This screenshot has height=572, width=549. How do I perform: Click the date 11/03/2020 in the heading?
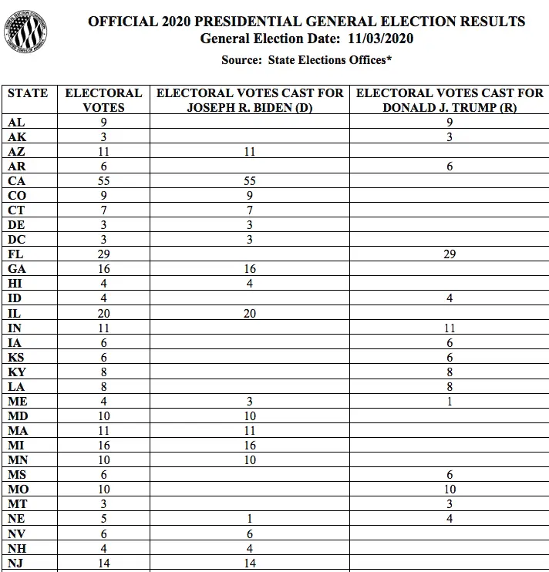pos(376,39)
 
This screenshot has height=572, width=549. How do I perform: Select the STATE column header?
pos(28,93)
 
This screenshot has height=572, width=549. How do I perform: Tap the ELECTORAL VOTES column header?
pos(103,100)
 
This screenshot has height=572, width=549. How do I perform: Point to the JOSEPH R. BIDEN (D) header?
pos(250,108)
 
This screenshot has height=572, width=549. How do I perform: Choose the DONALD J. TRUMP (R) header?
pos(450,108)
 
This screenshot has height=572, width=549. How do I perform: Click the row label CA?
pos(17,181)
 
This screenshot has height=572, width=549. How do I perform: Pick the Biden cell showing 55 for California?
pos(250,181)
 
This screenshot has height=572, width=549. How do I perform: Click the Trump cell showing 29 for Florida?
pos(450,254)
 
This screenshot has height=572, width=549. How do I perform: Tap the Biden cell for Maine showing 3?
pos(250,401)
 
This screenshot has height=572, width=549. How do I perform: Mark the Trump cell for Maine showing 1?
pos(450,401)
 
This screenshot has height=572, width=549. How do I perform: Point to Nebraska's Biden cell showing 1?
pos(250,519)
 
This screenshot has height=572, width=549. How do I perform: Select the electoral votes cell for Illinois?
pos(103,313)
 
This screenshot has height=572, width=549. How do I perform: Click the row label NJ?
pos(16,563)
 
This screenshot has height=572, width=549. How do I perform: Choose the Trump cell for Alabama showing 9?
pos(450,123)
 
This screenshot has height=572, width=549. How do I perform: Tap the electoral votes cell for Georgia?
pos(103,269)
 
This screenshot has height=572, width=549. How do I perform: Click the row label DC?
pos(16,240)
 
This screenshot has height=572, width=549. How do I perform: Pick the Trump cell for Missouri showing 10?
pos(450,490)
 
